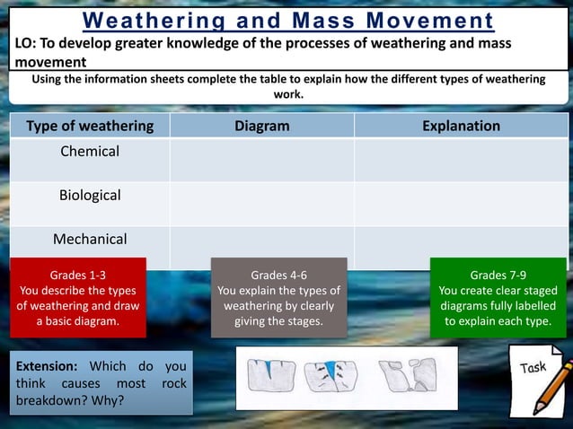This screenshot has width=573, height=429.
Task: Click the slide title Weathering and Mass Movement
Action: point(287,20)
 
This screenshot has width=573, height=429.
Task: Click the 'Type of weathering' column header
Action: point(90,126)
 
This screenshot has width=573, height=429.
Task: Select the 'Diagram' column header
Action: point(261,126)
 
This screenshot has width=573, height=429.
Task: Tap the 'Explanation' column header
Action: point(461,126)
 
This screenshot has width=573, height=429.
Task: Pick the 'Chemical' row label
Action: point(90,152)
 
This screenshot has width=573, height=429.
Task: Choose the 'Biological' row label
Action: point(90,195)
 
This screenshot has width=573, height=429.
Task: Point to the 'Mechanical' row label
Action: point(90,239)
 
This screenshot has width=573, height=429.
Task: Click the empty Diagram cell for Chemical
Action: point(261,160)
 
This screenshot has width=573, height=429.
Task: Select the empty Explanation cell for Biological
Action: point(461,204)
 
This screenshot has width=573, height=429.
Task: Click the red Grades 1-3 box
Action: point(77,297)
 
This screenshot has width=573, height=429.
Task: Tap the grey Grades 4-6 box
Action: point(278,297)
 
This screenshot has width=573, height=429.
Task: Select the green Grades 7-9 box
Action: point(498,297)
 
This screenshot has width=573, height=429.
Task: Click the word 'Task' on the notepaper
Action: point(533,367)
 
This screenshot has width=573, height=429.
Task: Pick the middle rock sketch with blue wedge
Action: point(331,374)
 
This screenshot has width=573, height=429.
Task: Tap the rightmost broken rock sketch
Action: point(407,374)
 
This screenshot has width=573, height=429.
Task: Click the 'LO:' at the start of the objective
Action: point(26,44)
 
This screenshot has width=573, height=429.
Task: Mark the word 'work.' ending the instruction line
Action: point(287,93)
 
